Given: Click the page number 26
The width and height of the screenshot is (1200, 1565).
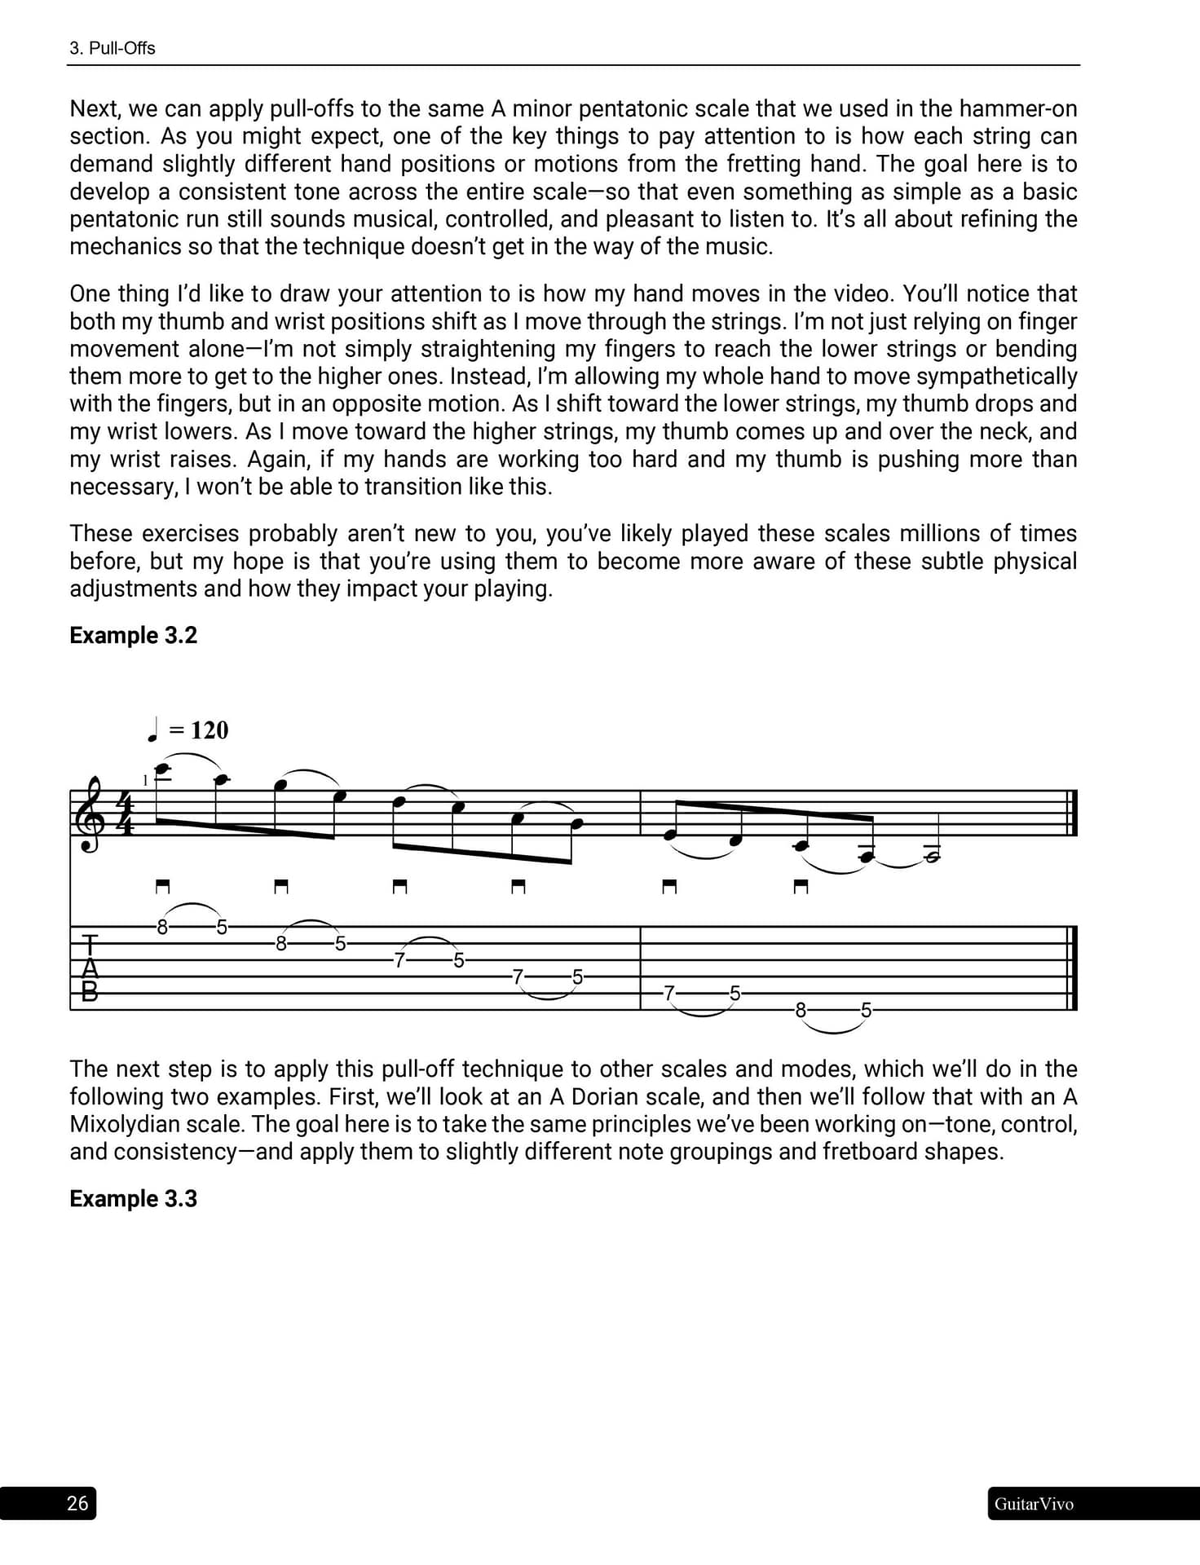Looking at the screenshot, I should (77, 1503).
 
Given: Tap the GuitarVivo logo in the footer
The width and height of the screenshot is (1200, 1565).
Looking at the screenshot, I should (1033, 1504).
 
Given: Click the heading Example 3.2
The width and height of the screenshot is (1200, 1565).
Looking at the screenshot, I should (133, 635).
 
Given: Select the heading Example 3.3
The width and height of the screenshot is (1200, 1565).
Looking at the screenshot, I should (133, 1198).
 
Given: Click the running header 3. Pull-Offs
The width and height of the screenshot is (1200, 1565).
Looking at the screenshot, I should (112, 48).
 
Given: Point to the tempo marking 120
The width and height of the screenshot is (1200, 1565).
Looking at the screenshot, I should (209, 730).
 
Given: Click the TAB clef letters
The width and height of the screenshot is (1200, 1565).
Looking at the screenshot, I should (90, 968).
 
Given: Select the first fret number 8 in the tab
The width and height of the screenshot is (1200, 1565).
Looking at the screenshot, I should (162, 927).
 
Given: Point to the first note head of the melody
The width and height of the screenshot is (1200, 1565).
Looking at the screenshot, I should (161, 769).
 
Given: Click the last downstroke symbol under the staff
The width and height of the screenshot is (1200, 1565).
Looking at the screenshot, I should (801, 887).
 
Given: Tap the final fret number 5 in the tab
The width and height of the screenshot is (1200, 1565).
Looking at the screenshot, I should (866, 1011).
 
